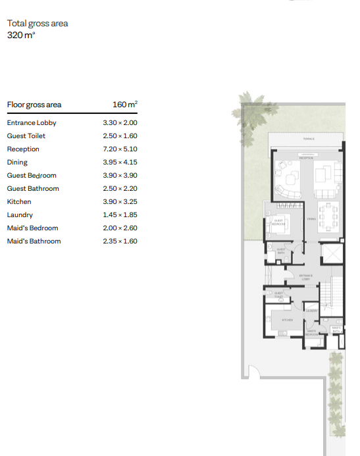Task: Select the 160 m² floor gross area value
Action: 125,105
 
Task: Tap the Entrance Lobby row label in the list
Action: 32,123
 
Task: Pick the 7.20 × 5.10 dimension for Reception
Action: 120,149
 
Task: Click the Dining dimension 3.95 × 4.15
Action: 120,163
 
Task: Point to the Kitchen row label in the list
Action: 19,202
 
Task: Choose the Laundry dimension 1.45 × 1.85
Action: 120,215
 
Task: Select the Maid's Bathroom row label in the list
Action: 34,241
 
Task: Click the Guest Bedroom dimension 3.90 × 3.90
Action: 120,176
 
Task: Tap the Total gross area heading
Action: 38,24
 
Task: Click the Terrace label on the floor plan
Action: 309,139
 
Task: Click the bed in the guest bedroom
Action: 277,224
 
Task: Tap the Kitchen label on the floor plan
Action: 288,319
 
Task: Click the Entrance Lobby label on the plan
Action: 305,277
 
